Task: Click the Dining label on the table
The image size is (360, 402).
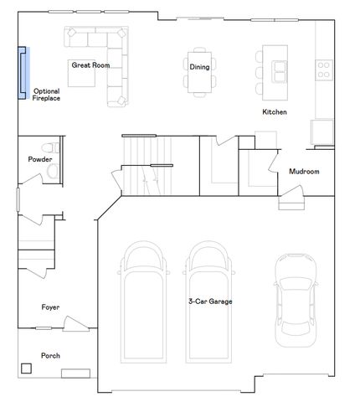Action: [199, 67]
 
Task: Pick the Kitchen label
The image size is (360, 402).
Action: [275, 111]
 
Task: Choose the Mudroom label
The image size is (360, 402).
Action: [304, 172]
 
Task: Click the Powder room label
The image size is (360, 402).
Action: [40, 159]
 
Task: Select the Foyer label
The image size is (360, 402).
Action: [50, 307]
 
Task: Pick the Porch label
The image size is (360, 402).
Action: [50, 355]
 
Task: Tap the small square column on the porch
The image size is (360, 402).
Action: [27, 368]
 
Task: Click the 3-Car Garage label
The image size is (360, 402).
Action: [209, 301]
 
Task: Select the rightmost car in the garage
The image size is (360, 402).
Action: [294, 294]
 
